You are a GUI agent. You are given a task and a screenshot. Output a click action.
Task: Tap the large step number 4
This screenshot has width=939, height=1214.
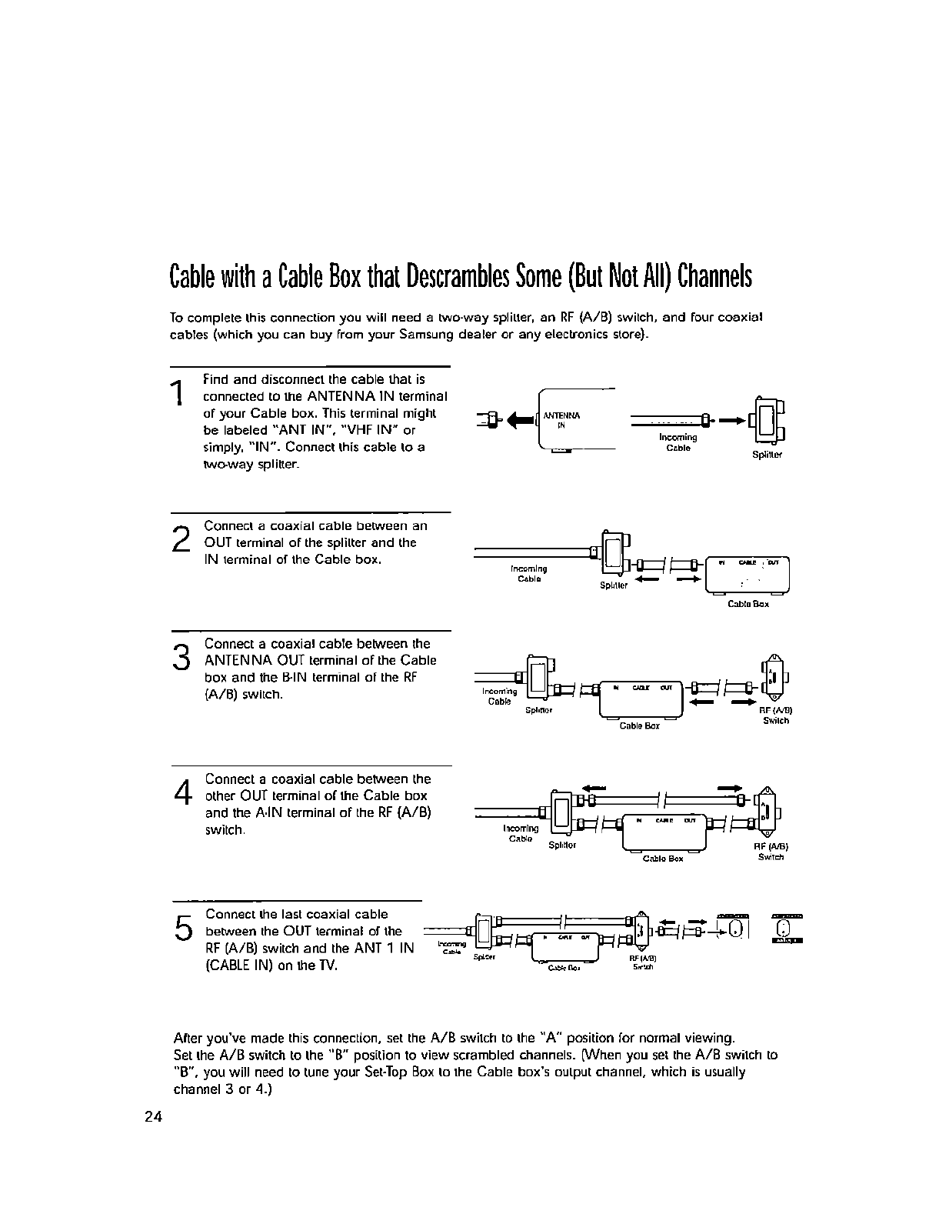pos(181,792)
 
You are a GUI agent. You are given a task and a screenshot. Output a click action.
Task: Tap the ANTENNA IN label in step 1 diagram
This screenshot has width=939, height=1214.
pos(561,419)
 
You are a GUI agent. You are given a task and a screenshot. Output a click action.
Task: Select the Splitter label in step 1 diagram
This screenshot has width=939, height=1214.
pos(766,455)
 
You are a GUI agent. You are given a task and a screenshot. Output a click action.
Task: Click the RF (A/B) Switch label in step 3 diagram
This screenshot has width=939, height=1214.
pos(775,715)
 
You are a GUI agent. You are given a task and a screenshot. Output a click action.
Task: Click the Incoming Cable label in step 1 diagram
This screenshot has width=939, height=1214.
pos(678,442)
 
